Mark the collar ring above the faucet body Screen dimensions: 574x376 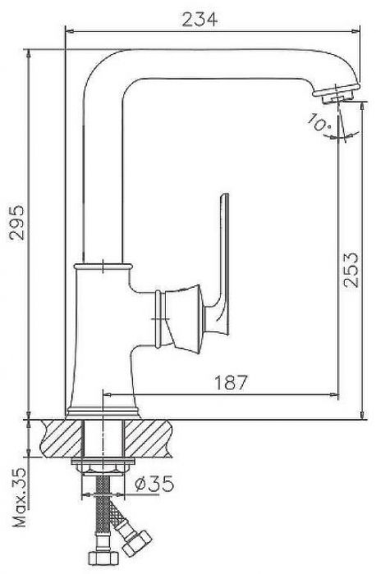pyautogui.click(x=103, y=266)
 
